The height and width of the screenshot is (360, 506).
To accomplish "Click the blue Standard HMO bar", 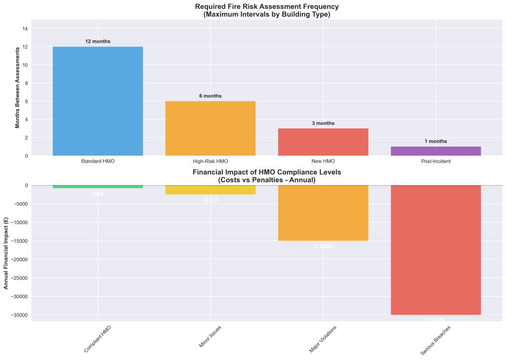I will (x=98, y=101).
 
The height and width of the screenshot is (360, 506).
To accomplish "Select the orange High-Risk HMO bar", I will (x=211, y=128).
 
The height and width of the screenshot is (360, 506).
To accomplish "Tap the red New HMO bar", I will (x=323, y=142).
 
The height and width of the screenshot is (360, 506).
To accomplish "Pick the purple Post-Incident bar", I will (x=436, y=151).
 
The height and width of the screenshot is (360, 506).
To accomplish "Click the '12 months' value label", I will (x=98, y=41).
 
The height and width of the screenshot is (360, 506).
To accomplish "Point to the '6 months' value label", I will (x=211, y=96).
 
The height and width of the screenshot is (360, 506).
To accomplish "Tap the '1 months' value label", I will (x=436, y=141).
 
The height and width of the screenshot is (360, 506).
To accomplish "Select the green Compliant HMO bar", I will (x=98, y=187).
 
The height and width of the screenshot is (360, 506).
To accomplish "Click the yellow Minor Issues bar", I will (x=211, y=190).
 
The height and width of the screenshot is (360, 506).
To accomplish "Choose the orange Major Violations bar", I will (x=323, y=213).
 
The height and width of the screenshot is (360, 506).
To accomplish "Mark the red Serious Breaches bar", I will (x=436, y=250).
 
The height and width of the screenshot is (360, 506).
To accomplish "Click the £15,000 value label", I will (x=323, y=246).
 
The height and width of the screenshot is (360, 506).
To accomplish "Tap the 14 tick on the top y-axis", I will (x=25, y=29).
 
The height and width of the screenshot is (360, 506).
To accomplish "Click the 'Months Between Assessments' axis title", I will (x=18, y=87).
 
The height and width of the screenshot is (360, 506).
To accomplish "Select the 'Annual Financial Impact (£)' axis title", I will (x=6, y=253).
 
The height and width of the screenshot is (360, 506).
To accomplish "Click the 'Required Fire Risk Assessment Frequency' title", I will (x=266, y=6).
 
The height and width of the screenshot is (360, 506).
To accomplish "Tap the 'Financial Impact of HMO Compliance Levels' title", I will (x=267, y=172).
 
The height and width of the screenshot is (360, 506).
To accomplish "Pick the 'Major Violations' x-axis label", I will (x=323, y=339).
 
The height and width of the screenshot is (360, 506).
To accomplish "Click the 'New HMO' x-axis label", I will (x=323, y=161).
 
